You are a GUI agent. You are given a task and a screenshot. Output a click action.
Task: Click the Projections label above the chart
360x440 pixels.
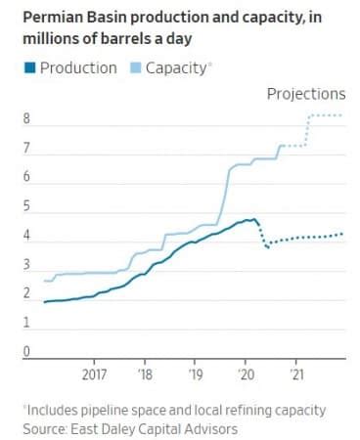tap(306, 95)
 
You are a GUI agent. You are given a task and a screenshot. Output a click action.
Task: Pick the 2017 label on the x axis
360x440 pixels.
tap(94, 375)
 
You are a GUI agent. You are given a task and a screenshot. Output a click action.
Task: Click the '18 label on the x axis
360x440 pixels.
tap(145, 375)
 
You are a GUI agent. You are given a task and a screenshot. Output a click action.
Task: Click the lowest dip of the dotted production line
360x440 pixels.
tap(267, 247)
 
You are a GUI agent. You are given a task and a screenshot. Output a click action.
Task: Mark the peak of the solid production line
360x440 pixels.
tap(253, 219)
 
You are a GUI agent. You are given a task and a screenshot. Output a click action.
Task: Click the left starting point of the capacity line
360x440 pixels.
tap(45, 281)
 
